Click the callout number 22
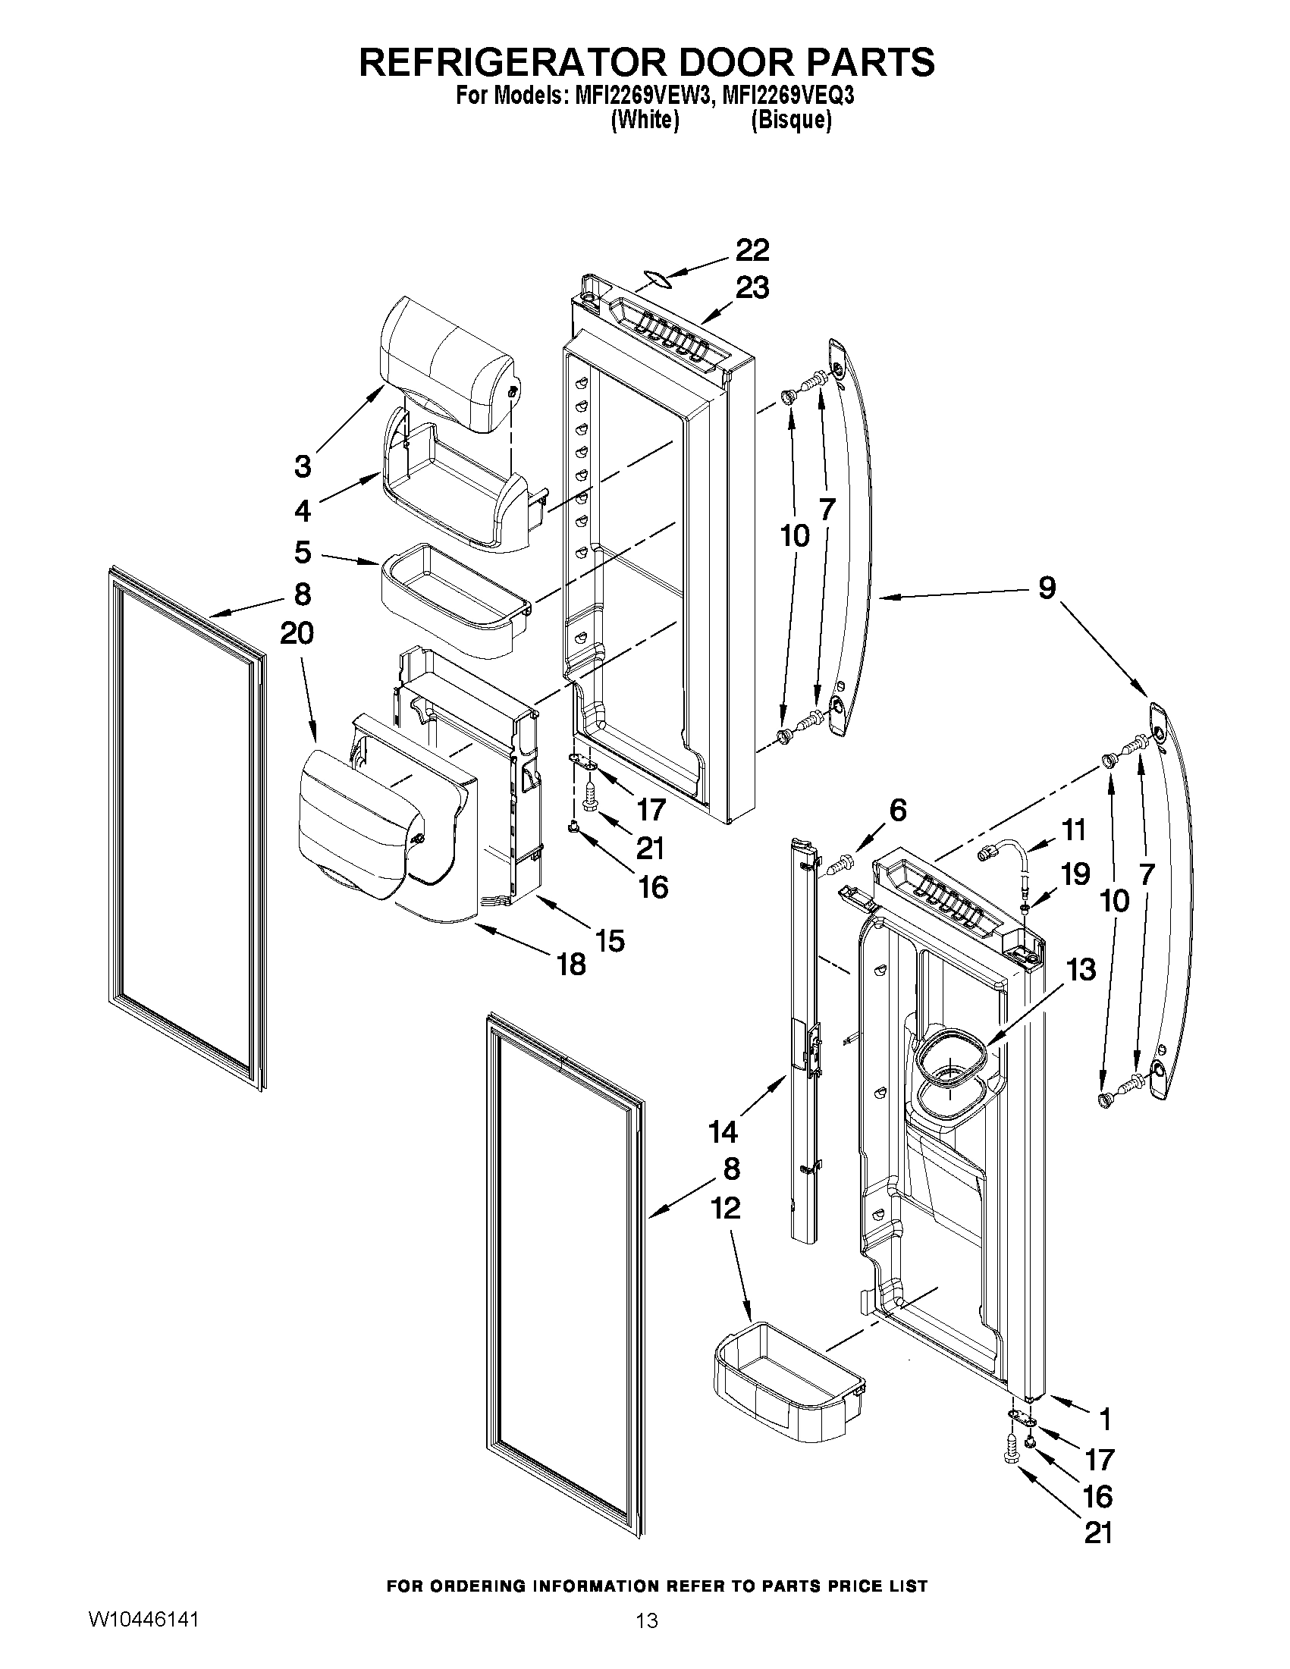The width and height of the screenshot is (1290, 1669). (752, 251)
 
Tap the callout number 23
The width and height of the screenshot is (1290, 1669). (752, 288)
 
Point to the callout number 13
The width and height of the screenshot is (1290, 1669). (1081, 970)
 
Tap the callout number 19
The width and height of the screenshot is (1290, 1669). (1075, 874)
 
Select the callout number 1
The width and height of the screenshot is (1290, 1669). (1103, 1419)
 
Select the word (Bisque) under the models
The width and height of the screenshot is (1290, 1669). (790, 120)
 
